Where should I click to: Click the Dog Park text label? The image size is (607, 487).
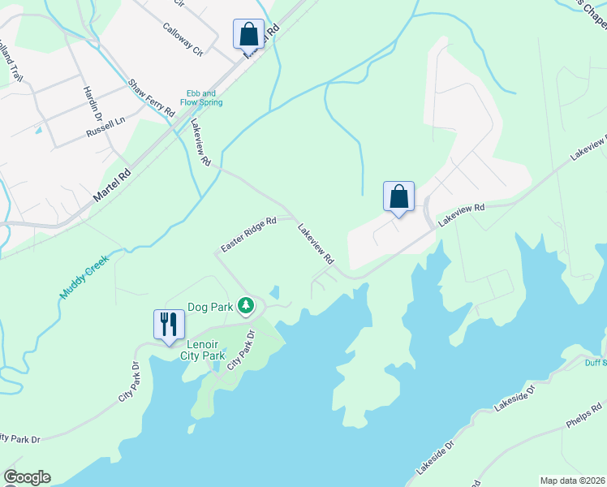210,307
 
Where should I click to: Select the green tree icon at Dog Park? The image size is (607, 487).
247,307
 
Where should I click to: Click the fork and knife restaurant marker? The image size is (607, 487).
169,324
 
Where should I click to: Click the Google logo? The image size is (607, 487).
27,477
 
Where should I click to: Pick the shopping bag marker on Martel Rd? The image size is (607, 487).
249,35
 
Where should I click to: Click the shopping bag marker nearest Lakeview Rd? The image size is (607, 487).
398,197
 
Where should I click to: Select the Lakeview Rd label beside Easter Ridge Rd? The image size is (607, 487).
316,243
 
